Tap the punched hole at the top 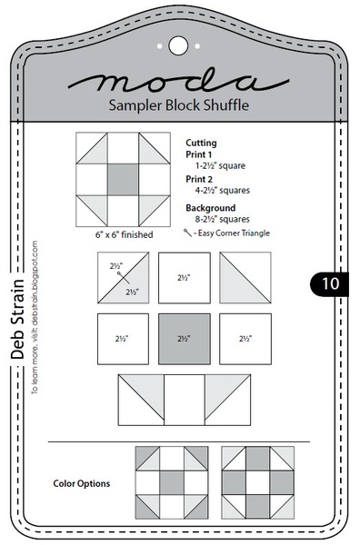178,43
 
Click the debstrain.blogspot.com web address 35,315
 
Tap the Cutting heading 202,143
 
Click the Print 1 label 199,155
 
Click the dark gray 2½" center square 184,338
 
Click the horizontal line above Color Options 178,442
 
